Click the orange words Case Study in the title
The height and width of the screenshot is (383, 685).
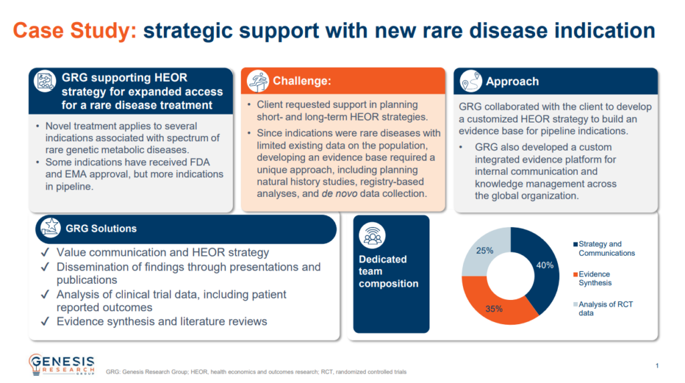75,31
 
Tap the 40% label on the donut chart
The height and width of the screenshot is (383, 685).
545,265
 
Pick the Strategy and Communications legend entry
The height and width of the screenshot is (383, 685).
604,248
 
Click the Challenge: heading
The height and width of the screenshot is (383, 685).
302,81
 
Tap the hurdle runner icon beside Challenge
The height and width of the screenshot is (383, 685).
258,81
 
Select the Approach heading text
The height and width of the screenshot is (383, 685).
512,81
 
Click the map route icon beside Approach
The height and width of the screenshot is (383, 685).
470,81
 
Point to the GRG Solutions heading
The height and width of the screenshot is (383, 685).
101,229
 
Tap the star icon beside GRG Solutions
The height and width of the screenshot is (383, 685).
50,228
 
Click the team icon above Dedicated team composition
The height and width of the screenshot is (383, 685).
372,235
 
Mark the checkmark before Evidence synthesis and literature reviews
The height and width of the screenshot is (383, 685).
45,322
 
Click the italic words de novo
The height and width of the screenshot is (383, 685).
339,194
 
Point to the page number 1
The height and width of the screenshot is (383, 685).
657,366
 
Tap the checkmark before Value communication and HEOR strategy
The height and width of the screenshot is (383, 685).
45,252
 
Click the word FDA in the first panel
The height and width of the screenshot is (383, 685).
199,162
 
